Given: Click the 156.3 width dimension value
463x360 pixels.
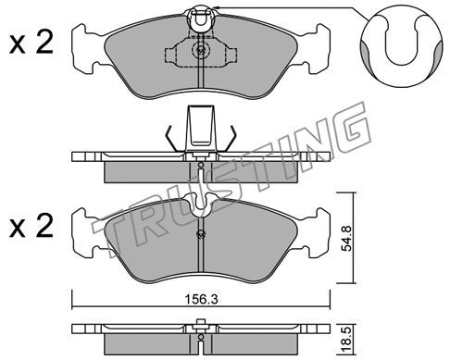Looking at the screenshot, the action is point(201,299).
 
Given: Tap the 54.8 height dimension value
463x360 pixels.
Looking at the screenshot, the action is point(347,238).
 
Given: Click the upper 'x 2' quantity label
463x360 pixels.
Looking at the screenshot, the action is point(31,44).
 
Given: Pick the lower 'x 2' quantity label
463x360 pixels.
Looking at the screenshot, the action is point(31,226).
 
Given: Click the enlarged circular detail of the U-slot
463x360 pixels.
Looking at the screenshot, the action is point(401,47).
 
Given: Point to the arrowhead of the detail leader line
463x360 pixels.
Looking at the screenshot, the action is point(216,7).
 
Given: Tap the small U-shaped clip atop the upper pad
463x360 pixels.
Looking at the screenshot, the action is point(201,18).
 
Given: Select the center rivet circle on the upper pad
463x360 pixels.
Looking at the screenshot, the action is point(201,49).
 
